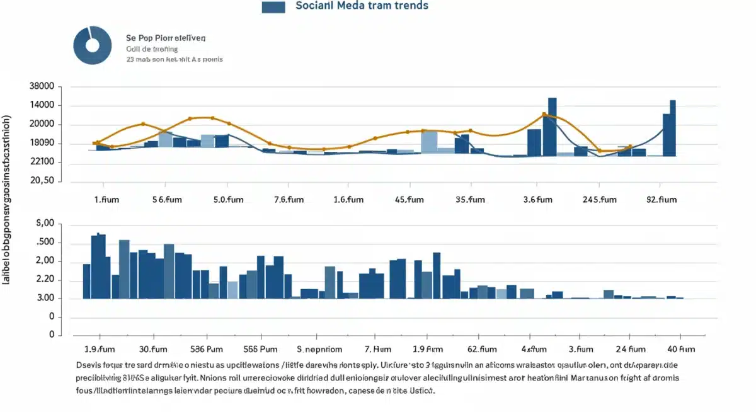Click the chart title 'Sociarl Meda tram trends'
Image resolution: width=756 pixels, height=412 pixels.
361,6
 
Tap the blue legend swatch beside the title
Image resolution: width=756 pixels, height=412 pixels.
273,6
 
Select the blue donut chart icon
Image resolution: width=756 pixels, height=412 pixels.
93,45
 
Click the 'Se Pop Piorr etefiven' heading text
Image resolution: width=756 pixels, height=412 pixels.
165,38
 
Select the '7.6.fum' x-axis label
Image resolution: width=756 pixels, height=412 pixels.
289,200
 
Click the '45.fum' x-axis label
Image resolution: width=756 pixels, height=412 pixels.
409,200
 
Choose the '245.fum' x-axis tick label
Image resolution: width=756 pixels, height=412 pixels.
599,200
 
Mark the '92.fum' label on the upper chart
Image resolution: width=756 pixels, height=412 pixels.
661,200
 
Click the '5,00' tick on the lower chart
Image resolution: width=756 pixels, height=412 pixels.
47,224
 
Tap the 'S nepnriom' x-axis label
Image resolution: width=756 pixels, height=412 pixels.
319,349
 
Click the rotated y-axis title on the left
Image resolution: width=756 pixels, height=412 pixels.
8,200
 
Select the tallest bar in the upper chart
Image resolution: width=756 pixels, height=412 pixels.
553,126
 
